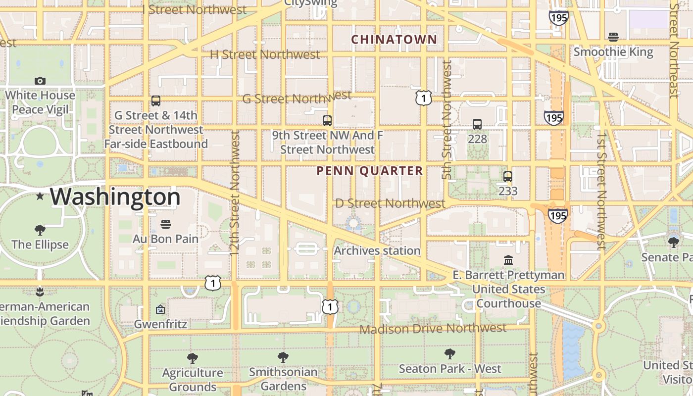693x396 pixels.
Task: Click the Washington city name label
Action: point(115,197)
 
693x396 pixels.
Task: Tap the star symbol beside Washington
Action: point(40,197)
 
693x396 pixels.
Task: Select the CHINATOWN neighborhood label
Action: point(394,40)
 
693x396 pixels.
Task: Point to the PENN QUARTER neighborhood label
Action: point(370,171)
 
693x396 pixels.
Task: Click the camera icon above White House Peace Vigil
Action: point(40,81)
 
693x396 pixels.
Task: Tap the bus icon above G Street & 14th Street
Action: point(156,101)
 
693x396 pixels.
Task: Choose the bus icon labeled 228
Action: point(477,124)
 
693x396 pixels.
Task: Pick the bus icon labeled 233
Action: point(508,177)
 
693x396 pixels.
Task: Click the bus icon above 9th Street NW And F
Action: point(327,120)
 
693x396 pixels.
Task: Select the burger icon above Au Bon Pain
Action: point(166,224)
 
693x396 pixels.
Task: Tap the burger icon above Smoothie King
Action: point(613,37)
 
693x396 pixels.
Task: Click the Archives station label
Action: point(377,251)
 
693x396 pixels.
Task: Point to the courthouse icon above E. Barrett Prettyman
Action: point(508,260)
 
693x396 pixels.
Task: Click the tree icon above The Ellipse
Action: point(40,230)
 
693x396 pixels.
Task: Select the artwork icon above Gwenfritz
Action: point(160,310)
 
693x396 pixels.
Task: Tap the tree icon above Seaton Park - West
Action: point(450,354)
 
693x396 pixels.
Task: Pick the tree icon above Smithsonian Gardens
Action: point(283,357)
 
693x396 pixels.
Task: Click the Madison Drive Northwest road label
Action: point(433,329)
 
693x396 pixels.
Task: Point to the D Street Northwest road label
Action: point(390,203)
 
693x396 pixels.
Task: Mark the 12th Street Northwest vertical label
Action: point(235,193)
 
